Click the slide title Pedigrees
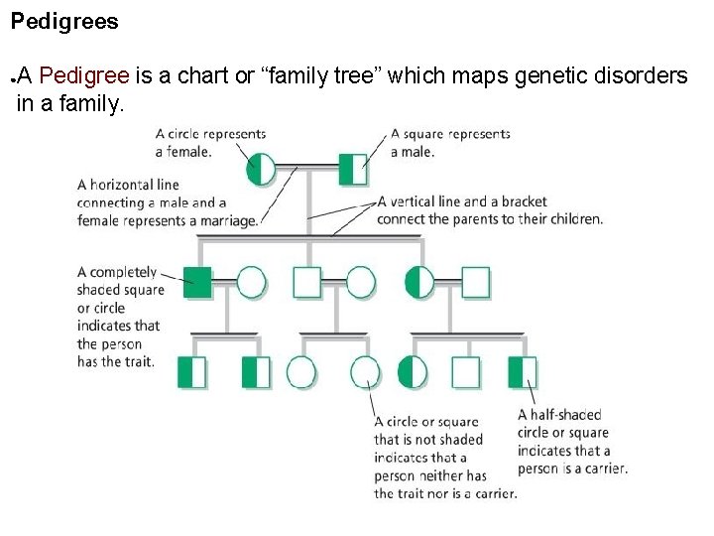tap(64, 21)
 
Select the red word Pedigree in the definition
tap(85, 75)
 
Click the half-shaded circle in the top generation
tap(261, 170)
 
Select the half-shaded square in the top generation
tap(352, 170)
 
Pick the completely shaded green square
tap(197, 283)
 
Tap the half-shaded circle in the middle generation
tap(419, 283)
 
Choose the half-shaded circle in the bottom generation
tap(412, 372)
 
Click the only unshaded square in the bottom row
tap(465, 372)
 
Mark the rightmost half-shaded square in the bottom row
tap(522, 372)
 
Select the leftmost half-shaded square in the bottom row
tap(191, 372)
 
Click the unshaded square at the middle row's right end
tap(476, 283)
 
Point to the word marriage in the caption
tap(227, 220)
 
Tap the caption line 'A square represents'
tap(450, 134)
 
